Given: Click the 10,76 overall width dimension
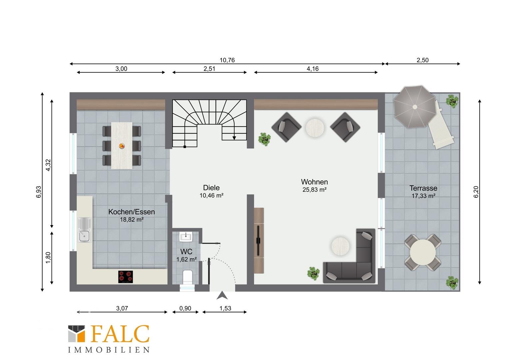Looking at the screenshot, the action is coord(227,60).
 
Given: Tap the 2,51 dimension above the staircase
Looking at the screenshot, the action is coord(209,69).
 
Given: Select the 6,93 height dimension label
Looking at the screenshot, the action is coord(39,192).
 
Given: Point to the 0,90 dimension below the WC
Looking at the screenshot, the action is coord(185,308).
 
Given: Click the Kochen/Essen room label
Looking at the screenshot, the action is coord(132,212).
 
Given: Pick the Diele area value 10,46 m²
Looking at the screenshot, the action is coord(212,195).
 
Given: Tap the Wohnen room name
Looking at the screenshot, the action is coord(314,182).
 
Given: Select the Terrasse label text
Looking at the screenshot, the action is coord(423,188).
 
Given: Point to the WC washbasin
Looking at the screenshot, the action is coord(186,237).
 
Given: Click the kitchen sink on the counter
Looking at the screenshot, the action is coord(84,230).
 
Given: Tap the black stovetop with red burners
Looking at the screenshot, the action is coord(126,277).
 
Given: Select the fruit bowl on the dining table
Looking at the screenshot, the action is coord(122,146).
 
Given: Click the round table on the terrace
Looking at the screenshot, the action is coord(423,252).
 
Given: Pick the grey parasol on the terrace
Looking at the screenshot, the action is coord(415,107).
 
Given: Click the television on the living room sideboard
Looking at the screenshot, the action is coord(258,240).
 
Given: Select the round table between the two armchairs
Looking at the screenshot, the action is coord(315,128).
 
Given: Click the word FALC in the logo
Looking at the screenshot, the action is coord(120,334).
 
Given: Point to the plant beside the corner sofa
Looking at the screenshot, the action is coord(313,273).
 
